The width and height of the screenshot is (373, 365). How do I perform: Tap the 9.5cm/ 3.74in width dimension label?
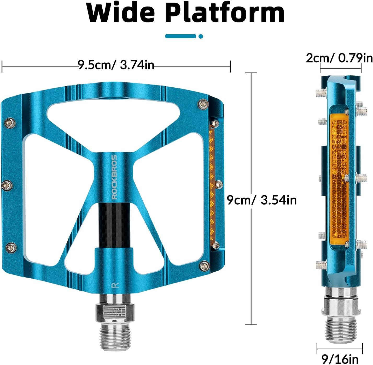(116, 65)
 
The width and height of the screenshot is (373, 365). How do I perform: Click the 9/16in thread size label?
(340, 359)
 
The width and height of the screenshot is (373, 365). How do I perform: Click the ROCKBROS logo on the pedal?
(115, 177)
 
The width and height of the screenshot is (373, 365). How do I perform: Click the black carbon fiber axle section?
(115, 225)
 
